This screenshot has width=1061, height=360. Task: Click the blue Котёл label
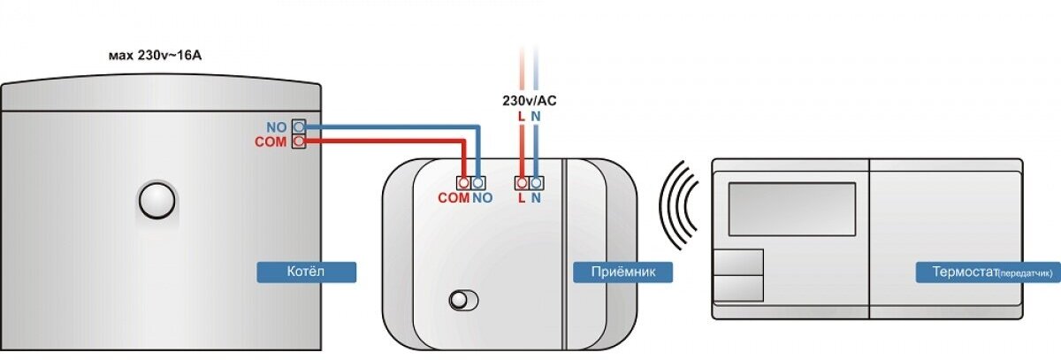(x=306, y=272)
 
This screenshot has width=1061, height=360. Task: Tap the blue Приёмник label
(x=622, y=272)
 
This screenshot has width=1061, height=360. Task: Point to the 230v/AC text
(x=529, y=100)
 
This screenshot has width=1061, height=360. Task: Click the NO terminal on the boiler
(x=300, y=126)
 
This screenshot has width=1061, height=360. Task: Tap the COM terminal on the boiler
(x=300, y=142)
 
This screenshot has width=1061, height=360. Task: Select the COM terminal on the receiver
(x=463, y=183)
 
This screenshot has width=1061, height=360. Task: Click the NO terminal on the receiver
(x=478, y=183)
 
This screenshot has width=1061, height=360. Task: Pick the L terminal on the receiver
(x=522, y=183)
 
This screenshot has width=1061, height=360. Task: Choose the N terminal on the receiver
(x=536, y=183)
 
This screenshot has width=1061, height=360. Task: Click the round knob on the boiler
(x=158, y=200)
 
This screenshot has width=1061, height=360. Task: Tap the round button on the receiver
(x=459, y=299)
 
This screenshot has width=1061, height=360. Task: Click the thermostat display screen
(x=791, y=209)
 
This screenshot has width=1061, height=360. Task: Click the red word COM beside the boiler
(x=271, y=142)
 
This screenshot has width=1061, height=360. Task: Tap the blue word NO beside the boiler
(x=277, y=126)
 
